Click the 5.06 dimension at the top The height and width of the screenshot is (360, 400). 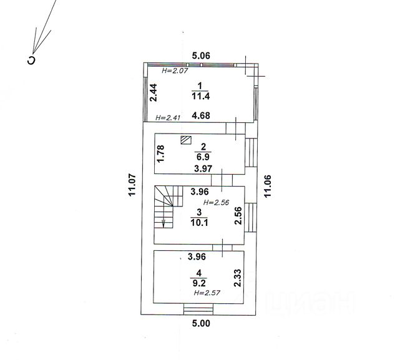pos(201,56)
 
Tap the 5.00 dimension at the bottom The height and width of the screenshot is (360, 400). pos(201,324)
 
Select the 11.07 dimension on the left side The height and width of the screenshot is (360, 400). pos(132,185)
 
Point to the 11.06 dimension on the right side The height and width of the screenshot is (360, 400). pos(267,187)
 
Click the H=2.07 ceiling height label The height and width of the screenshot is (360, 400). pos(175,71)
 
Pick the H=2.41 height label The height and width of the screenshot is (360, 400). pos(168,118)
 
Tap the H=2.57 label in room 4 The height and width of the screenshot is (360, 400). pos(207,293)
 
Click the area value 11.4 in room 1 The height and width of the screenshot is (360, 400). pos(201,96)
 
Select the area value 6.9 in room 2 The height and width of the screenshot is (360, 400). pos(203,157)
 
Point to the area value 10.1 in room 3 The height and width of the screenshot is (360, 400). pos(199,223)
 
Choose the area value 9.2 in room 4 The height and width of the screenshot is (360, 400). pos(198,283)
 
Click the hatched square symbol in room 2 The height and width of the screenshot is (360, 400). pos(186,140)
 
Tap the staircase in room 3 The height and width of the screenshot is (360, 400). pos(168,207)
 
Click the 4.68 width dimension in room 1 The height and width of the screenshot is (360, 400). pos(201,115)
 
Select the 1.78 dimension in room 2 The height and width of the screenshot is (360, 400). pos(161,153)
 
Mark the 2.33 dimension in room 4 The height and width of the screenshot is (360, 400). pos(238,278)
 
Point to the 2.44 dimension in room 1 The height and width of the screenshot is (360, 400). pos(154,93)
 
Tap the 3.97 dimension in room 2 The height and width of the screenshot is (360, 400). pos(203,168)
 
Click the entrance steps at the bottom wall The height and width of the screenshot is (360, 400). pos(198,309)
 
